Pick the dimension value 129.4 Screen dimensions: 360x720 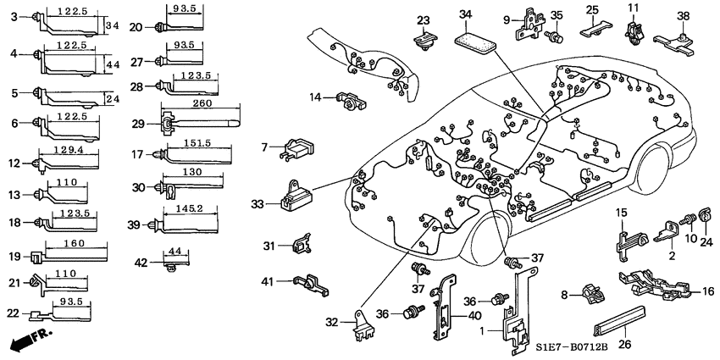(72, 149)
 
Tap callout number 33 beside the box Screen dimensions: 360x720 (258, 203)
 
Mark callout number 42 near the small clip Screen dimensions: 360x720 (139, 263)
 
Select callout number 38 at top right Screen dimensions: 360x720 (684, 14)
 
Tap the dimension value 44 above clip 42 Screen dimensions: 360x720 (174, 252)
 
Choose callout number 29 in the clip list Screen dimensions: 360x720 (137, 124)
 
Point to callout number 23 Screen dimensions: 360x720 (424, 20)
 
